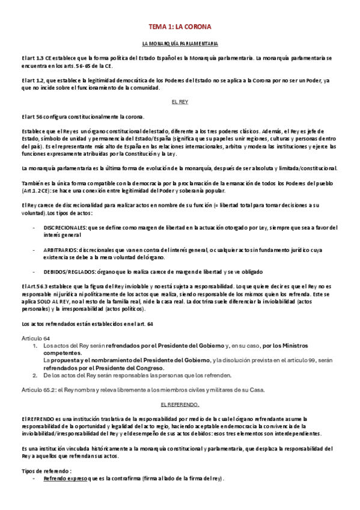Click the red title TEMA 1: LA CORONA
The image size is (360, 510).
coord(180,28)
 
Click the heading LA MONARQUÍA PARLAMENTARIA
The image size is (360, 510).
coord(180,45)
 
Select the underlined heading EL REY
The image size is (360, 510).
coord(180,102)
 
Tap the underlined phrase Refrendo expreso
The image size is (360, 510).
coord(63,478)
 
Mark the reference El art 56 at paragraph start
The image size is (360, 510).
coord(34,116)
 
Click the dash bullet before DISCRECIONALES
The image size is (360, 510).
coord(33,228)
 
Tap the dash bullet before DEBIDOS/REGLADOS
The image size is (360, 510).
coord(33,271)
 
